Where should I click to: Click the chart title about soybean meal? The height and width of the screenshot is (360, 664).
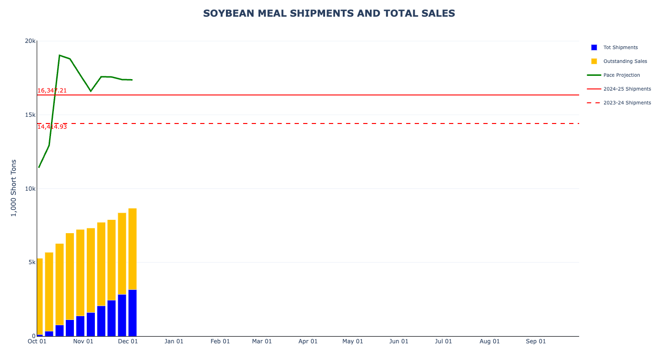click(x=329, y=14)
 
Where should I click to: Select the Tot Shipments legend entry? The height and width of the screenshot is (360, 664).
click(x=620, y=48)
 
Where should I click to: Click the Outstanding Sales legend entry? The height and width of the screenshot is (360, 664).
click(x=625, y=62)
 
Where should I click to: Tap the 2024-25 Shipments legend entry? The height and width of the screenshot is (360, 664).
click(x=627, y=89)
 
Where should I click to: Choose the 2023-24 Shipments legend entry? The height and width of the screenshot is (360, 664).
click(x=627, y=103)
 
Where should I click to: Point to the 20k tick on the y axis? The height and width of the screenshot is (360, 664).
click(x=30, y=41)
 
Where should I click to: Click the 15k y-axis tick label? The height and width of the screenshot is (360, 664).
click(x=30, y=115)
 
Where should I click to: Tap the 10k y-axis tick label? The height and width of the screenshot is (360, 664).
click(x=30, y=189)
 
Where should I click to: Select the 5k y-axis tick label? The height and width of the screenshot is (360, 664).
click(x=31, y=262)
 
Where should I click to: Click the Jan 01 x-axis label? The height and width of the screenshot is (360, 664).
click(x=174, y=341)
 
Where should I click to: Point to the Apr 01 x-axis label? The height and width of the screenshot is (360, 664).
click(x=308, y=341)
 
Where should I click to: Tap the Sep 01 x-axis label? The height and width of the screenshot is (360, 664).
click(x=536, y=341)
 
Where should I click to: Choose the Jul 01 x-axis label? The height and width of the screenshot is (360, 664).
click(x=443, y=341)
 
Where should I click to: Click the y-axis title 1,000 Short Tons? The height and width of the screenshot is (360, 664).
click(x=14, y=188)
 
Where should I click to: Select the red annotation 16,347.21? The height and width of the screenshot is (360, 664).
click(x=52, y=91)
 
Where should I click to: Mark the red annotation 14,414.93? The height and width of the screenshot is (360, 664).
click(x=52, y=127)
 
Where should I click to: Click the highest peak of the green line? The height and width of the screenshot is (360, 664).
click(x=60, y=55)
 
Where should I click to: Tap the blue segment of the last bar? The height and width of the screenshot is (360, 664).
click(x=133, y=313)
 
